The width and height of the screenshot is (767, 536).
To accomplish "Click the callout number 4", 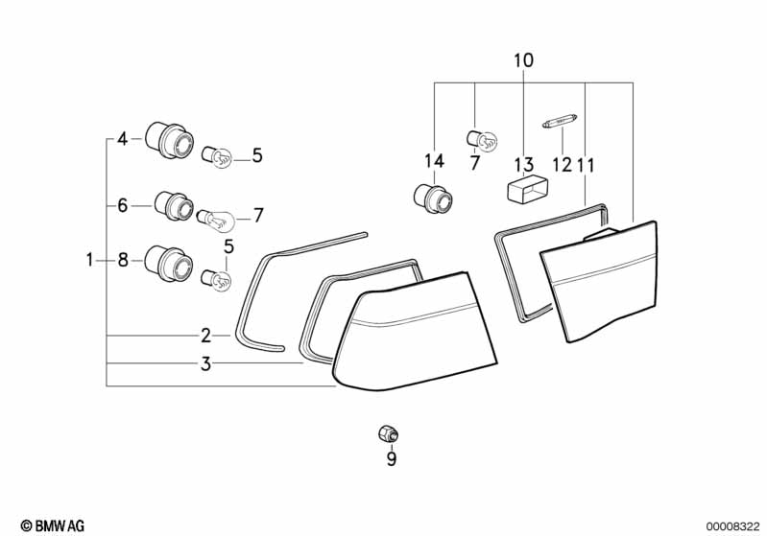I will tap(122, 140).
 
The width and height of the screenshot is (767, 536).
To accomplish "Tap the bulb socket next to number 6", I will tap(174, 205).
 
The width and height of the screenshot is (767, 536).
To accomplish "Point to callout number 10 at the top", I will tap(523, 61).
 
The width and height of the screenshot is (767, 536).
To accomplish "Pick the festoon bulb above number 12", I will tap(560, 123).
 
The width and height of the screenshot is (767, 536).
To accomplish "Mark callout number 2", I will tap(205, 336).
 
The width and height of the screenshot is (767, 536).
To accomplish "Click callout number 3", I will tap(205, 364).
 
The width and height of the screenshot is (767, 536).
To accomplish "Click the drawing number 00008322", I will tap(731, 524).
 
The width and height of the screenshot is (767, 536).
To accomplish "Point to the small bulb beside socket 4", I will tap(218, 155).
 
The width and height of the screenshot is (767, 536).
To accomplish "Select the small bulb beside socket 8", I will tap(218, 279).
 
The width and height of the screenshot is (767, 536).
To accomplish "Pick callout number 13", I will tap(524, 164).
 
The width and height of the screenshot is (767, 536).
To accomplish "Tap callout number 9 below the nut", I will tap(391, 460).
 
